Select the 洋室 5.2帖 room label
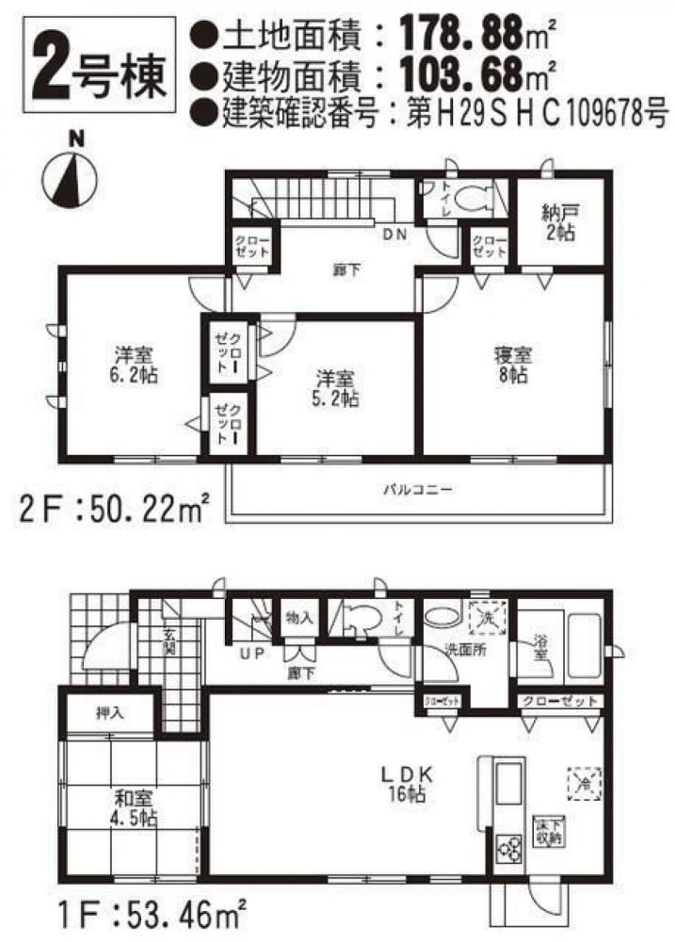[334, 388]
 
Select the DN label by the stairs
[394, 235]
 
